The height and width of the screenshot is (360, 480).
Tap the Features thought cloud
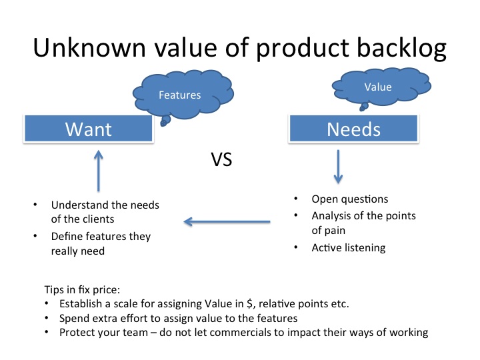(x=179, y=95)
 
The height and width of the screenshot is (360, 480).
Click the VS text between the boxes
(x=221, y=161)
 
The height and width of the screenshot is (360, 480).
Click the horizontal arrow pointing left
(x=227, y=222)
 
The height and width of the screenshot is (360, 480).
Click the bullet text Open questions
(x=349, y=199)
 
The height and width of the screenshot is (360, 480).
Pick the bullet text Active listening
(x=348, y=248)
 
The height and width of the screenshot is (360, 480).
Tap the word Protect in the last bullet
(x=77, y=332)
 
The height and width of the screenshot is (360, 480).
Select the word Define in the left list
(x=67, y=237)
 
